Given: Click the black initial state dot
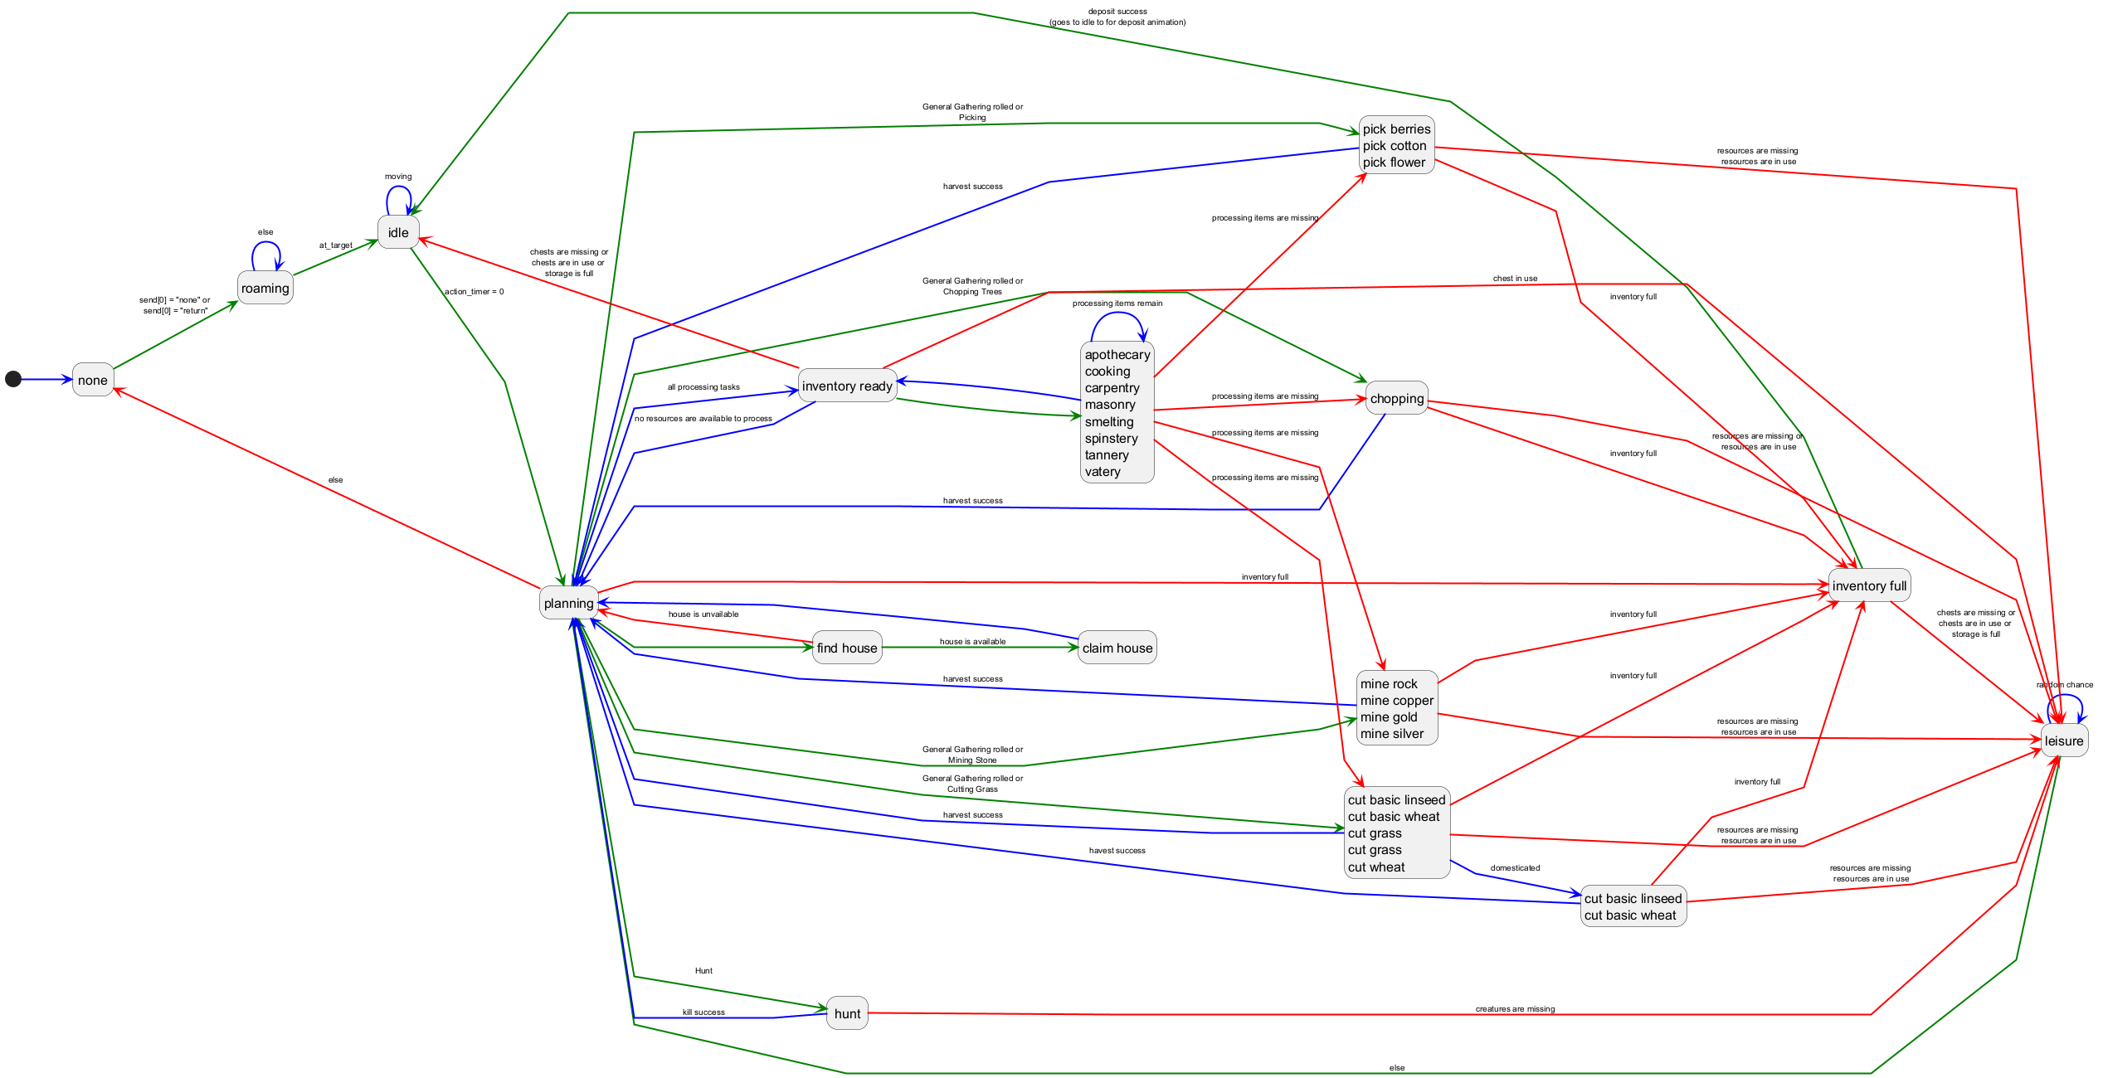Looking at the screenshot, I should [13, 379].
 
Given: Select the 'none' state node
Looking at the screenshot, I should [93, 380].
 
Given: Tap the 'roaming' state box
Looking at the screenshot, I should [265, 288].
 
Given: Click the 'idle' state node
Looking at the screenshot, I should [398, 232].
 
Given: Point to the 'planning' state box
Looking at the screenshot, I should [569, 603].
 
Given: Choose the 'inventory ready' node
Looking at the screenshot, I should [847, 386].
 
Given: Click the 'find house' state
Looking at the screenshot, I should [847, 648].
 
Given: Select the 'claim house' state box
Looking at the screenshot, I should [1117, 648].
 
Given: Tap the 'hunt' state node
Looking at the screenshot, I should [847, 1013].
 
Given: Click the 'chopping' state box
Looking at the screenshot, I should [1397, 398].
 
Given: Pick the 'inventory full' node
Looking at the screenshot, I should [1869, 585].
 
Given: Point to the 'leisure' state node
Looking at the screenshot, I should [2064, 741].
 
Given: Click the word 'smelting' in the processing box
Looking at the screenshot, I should [1109, 421].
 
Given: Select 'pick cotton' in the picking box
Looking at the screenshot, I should [1395, 145].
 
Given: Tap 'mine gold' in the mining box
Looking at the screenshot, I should [1389, 716].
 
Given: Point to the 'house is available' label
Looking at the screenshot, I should [972, 641].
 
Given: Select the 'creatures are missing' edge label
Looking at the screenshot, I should [1515, 1008].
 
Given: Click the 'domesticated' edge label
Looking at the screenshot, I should [1515, 867].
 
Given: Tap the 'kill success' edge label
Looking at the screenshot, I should [703, 1012].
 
